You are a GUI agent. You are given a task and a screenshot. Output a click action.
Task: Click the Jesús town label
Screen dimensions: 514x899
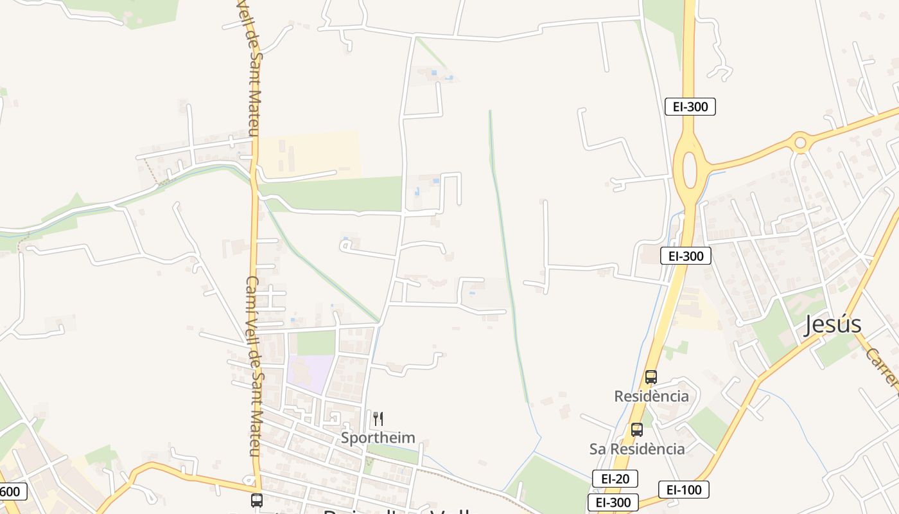pos(832,324)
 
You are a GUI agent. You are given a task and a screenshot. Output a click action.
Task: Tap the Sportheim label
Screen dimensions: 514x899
pos(378,438)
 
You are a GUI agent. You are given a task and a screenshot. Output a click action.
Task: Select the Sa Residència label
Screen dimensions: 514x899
pos(637,448)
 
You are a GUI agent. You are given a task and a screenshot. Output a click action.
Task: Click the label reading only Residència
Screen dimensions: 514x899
pos(651,396)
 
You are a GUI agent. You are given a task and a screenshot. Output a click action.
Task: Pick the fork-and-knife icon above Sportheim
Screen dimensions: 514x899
pos(378,419)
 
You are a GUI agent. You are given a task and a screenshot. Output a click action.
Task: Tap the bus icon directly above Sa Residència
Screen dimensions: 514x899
pos(636,430)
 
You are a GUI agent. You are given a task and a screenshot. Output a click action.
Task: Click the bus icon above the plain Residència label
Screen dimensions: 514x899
pos(650,377)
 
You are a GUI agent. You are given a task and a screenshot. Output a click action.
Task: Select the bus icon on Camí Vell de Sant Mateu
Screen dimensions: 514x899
pos(257,500)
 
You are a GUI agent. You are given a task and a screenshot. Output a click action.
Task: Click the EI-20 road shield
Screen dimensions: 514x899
pos(615,478)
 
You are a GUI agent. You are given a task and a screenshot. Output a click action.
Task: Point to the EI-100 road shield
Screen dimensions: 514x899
pos(683,490)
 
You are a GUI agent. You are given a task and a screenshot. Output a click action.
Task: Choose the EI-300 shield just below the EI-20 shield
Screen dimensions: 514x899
pos(613,502)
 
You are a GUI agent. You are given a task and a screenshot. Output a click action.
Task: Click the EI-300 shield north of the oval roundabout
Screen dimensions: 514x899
pos(690,107)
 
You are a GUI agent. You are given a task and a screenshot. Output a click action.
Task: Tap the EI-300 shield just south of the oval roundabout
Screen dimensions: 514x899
pos(685,256)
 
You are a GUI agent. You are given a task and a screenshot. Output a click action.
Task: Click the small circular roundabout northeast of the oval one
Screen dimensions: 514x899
pos(800,142)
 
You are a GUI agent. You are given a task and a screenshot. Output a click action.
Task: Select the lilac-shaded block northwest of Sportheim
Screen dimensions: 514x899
pos(310,373)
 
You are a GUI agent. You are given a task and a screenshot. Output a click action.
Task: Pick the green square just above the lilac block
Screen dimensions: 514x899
pos(316,343)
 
